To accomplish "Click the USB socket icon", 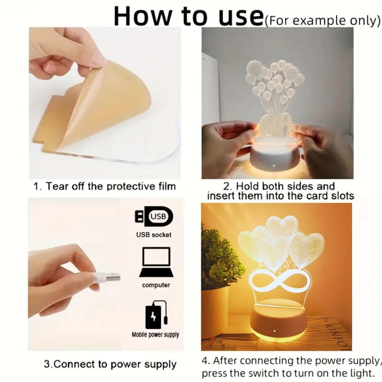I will [x=154, y=216].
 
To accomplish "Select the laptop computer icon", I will [x=156, y=262].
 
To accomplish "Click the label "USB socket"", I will [x=154, y=235].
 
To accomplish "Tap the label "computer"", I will [x=156, y=285].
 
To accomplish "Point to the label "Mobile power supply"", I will [x=155, y=335].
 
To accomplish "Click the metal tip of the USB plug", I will [x=113, y=277].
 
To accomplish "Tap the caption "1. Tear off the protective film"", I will [x=104, y=186].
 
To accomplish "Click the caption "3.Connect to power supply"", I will [x=110, y=364].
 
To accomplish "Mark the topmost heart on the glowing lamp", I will [x=282, y=226].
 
